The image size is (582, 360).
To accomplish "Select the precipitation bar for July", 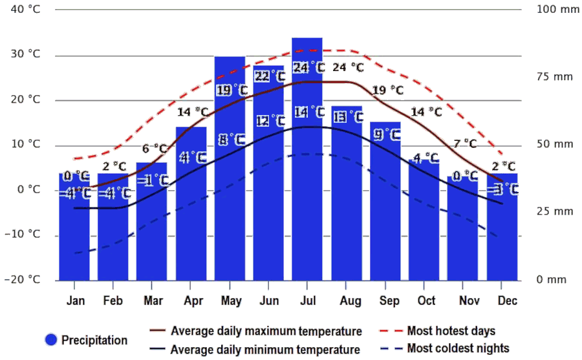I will [x=307, y=194].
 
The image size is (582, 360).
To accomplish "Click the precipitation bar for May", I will [x=230, y=194].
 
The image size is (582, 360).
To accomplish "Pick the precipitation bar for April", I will [x=191, y=207].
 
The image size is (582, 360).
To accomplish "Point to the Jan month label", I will [x=75, y=301].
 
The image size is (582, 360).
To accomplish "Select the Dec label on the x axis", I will [x=507, y=301].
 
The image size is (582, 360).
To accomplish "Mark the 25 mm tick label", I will [x=554, y=211].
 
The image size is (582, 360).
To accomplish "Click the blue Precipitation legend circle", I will [x=52, y=339].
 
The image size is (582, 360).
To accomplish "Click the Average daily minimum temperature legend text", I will [x=265, y=350].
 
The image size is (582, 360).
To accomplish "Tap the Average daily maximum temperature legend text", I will [x=266, y=332].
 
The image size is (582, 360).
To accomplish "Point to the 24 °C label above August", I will [x=348, y=67].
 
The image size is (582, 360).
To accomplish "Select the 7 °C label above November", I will [x=465, y=143].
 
